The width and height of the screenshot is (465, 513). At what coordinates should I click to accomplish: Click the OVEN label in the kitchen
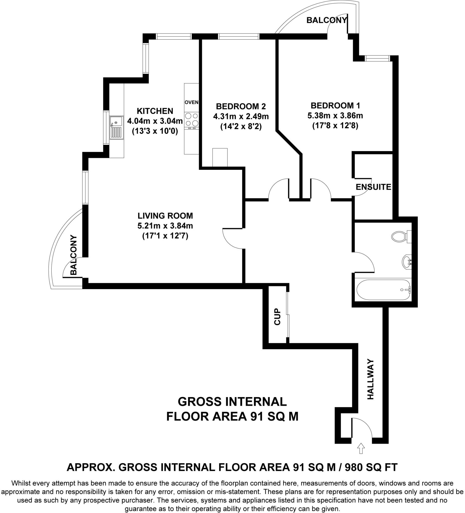tap(191, 102)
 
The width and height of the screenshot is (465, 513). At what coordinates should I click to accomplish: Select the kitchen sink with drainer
tap(116, 128)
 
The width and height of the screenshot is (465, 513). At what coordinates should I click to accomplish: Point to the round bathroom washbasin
tap(407, 262)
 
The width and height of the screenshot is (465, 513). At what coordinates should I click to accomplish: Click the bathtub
tap(383, 290)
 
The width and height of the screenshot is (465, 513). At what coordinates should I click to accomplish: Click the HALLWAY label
tap(370, 379)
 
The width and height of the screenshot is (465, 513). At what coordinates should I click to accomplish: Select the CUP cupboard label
tap(277, 317)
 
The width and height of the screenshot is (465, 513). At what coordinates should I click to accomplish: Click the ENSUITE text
tap(373, 187)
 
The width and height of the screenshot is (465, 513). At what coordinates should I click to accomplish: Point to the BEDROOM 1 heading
tap(335, 105)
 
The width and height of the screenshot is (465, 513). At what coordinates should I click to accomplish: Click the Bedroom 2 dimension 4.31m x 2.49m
tap(241, 116)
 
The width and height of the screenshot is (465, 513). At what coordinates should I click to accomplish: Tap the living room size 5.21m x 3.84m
tap(165, 226)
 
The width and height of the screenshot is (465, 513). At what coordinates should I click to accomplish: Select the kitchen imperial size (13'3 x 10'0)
tap(155, 131)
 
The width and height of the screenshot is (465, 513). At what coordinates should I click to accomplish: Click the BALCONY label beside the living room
tap(74, 255)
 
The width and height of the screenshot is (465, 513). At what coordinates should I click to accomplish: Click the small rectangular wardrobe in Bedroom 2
tap(220, 157)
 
